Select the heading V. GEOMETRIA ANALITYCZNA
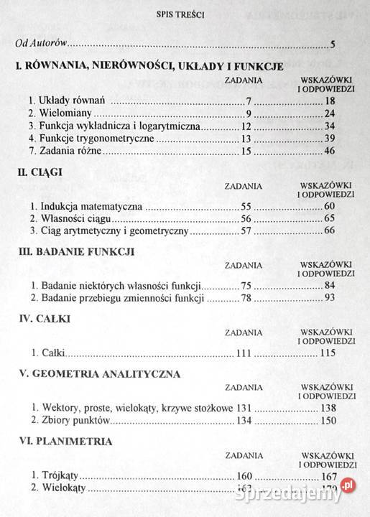coord(98,373)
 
